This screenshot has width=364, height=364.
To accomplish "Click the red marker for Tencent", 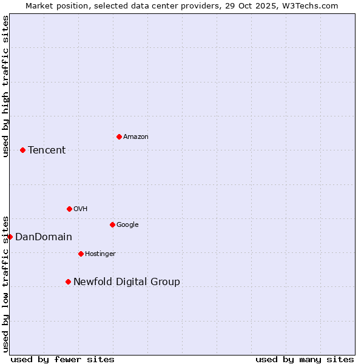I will pyautogui.click(x=22, y=150).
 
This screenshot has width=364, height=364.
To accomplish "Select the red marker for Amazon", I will pyautogui.click(x=119, y=136).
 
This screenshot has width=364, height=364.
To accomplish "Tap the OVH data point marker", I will pyautogui.click(x=69, y=209).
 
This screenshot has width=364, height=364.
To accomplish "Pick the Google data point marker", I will pyautogui.click(x=112, y=224).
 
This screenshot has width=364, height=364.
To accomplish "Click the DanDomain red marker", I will pyautogui.click(x=10, y=237).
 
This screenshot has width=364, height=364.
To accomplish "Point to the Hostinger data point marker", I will pyautogui.click(x=81, y=254).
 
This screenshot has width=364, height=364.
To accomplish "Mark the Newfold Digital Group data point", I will pyautogui.click(x=68, y=281).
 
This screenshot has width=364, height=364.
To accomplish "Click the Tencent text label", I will pyautogui.click(x=47, y=150).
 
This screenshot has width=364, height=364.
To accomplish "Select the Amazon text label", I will pyautogui.click(x=136, y=137).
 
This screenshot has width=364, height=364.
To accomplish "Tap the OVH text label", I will pyautogui.click(x=81, y=209).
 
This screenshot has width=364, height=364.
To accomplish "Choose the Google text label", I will pyautogui.click(x=127, y=225).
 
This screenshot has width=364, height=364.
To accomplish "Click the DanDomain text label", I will pyautogui.click(x=44, y=237).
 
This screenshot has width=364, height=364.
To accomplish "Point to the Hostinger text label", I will pyautogui.click(x=100, y=254).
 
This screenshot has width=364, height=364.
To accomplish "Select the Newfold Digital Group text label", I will pyautogui.click(x=127, y=282).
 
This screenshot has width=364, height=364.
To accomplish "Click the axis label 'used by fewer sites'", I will pyautogui.click(x=62, y=359).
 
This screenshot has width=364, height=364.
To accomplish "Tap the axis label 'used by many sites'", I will pyautogui.click(x=305, y=359).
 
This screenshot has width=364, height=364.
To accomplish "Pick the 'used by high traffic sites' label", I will pyautogui.click(x=5, y=86).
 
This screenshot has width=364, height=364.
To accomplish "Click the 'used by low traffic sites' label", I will pyautogui.click(x=5, y=283).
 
